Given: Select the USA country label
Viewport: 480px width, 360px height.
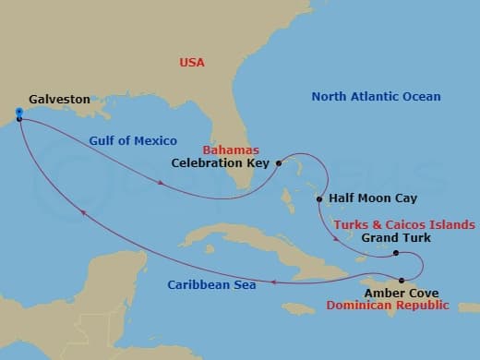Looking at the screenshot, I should pyautogui.click(x=191, y=63).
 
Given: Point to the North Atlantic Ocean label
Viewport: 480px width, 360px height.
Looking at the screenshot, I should pyautogui.click(x=376, y=97).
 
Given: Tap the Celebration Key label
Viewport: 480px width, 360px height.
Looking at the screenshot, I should pyautogui.click(x=221, y=163).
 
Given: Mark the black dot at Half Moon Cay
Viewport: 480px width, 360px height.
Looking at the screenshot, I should pyautogui.click(x=319, y=198).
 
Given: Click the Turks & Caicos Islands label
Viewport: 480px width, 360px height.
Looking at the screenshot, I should pyautogui.click(x=404, y=224).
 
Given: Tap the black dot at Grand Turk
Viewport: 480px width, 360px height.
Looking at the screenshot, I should pyautogui.click(x=395, y=253).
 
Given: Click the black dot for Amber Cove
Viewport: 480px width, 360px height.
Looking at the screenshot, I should pyautogui.click(x=402, y=280).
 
